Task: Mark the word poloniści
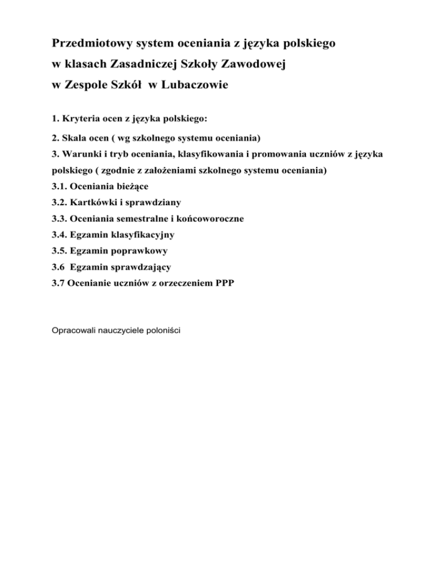click(x=163, y=330)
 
